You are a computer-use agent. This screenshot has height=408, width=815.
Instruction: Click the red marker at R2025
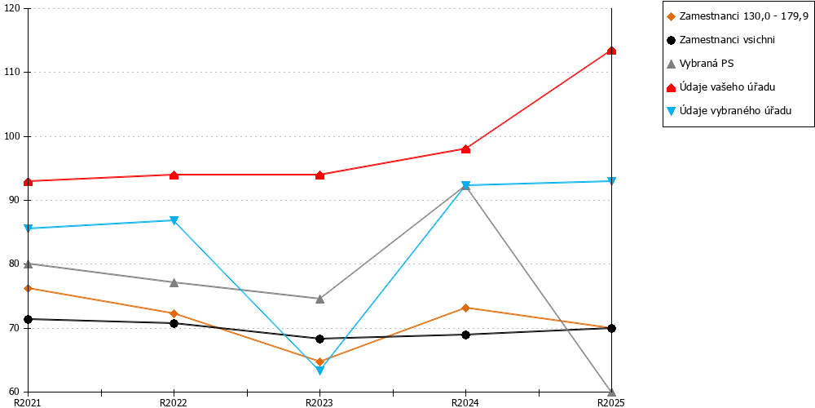point(612,51)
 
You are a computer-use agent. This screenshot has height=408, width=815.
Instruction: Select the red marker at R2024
point(465,149)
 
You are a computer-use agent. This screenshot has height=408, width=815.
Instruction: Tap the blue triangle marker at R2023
point(319,370)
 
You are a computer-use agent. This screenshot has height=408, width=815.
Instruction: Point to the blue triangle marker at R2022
point(174,220)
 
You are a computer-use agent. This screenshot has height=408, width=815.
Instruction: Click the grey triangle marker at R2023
point(319,299)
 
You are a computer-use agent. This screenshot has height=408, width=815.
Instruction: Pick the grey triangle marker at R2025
point(612,392)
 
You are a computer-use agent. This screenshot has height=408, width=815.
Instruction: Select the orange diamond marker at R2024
point(465,308)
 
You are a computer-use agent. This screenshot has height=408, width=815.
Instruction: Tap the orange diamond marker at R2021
point(28,288)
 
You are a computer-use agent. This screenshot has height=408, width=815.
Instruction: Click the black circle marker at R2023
point(319,339)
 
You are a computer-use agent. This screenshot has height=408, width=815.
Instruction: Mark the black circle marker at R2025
point(612,328)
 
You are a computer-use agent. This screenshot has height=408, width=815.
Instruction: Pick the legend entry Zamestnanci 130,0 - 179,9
point(737,16)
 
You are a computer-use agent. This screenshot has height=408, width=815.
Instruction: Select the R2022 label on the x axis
point(174,402)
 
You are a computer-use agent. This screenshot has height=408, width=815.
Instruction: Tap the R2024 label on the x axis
point(465,402)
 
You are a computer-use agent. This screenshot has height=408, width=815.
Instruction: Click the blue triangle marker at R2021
point(28,228)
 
